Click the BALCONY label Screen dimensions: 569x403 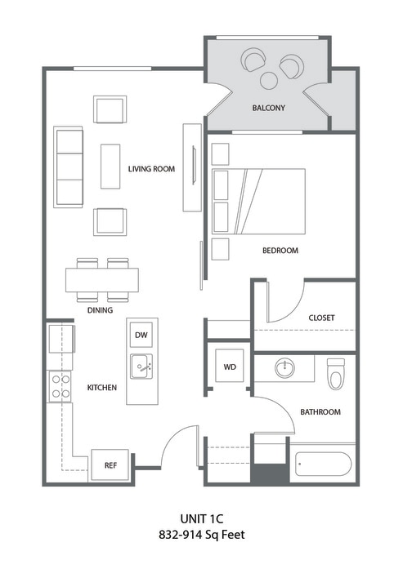pyautogui.click(x=268, y=107)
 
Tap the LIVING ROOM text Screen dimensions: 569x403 pyautogui.click(x=152, y=169)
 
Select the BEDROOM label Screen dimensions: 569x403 pyautogui.click(x=280, y=251)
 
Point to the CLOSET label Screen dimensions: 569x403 pyautogui.click(x=321, y=318)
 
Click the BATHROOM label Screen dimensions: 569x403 pyautogui.click(x=320, y=412)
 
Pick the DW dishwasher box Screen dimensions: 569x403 pyautogui.click(x=141, y=335)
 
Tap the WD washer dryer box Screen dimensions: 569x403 pyautogui.click(x=229, y=367)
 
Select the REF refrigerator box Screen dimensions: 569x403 pyautogui.click(x=110, y=465)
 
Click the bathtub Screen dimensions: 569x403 pyautogui.click(x=322, y=465)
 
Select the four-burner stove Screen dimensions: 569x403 pyautogui.click(x=60, y=386)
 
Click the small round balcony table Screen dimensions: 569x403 pyautogui.click(x=269, y=80)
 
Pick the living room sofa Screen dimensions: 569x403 pyautogui.click(x=69, y=166)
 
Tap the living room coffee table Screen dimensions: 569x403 pyautogui.click(x=110, y=166)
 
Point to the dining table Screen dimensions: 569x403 pyautogui.click(x=102, y=281)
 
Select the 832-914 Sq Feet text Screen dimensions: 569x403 pyautogui.click(x=202, y=536)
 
